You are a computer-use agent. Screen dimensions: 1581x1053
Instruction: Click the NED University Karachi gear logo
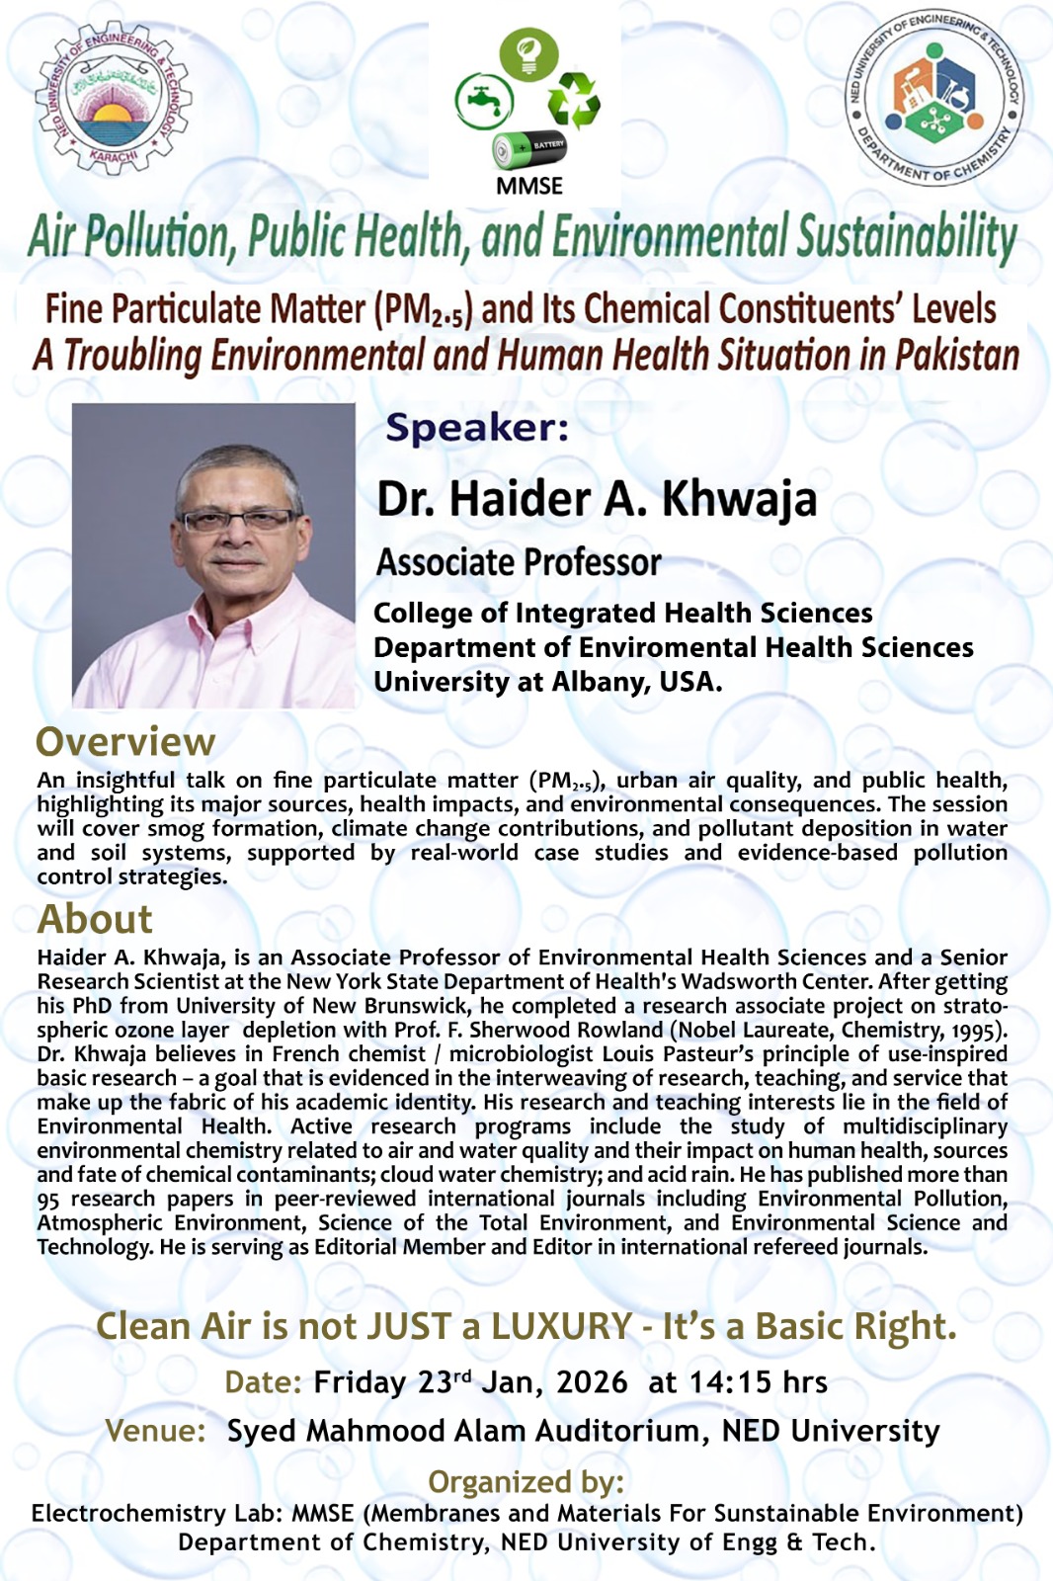[114, 102]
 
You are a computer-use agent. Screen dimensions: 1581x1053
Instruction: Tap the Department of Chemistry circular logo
[934, 100]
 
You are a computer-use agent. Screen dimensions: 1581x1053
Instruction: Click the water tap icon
[483, 101]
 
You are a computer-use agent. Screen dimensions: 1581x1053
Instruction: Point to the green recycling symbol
[575, 101]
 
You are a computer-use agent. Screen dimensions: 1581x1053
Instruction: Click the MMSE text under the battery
[529, 186]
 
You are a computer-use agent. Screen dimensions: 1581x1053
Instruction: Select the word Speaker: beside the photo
[477, 428]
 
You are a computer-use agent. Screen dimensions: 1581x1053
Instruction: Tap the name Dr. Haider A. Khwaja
[597, 499]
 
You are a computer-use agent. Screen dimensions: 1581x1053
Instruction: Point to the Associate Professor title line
[519, 562]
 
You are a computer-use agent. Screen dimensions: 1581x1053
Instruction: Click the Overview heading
[125, 742]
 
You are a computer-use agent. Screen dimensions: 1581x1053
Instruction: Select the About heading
[95, 919]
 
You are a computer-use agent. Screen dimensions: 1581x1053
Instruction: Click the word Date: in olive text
[263, 1381]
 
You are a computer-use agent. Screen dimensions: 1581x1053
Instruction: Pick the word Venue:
[155, 1431]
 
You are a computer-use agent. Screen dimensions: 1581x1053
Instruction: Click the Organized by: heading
[526, 1482]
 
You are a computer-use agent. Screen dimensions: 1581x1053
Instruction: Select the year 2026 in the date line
[592, 1381]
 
